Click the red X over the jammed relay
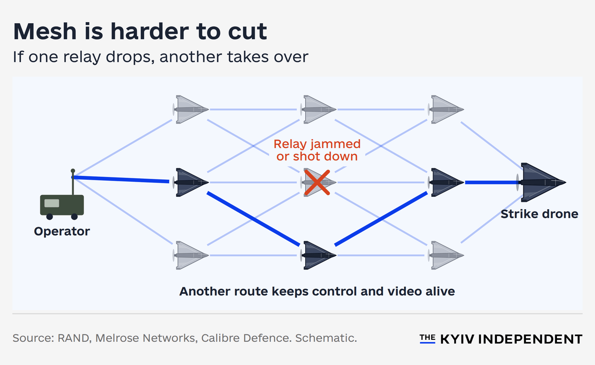coord(317,182)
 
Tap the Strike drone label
coord(539,214)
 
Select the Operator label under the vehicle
coord(62,231)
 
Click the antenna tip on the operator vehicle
coord(73,171)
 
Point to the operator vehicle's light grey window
coord(52,203)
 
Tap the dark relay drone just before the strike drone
coord(446,182)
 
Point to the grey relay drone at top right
coord(446,109)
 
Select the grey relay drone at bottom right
coord(446,255)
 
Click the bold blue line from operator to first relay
coord(120,179)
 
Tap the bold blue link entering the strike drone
coord(492,182)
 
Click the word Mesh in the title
coord(45,32)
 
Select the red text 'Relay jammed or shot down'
coord(317,150)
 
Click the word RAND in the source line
coord(73,338)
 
